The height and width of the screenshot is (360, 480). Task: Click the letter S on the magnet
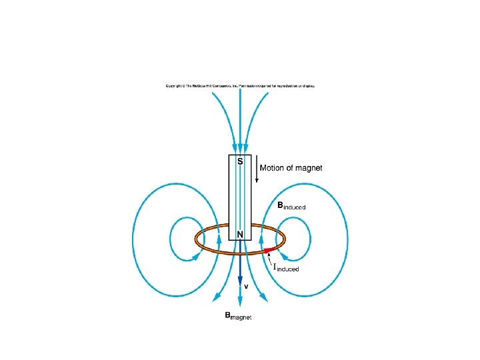240,162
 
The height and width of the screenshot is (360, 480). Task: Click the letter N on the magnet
240,235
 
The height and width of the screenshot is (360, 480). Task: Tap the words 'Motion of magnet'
291,168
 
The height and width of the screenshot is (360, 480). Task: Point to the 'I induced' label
286,267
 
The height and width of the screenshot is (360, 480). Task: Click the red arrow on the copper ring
268,251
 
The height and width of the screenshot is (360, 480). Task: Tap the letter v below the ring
246,286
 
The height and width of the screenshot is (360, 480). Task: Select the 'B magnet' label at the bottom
238,317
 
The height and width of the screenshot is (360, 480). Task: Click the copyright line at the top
240,86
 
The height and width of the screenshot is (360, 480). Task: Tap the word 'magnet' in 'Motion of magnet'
309,168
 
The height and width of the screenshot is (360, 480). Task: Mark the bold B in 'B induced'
281,206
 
